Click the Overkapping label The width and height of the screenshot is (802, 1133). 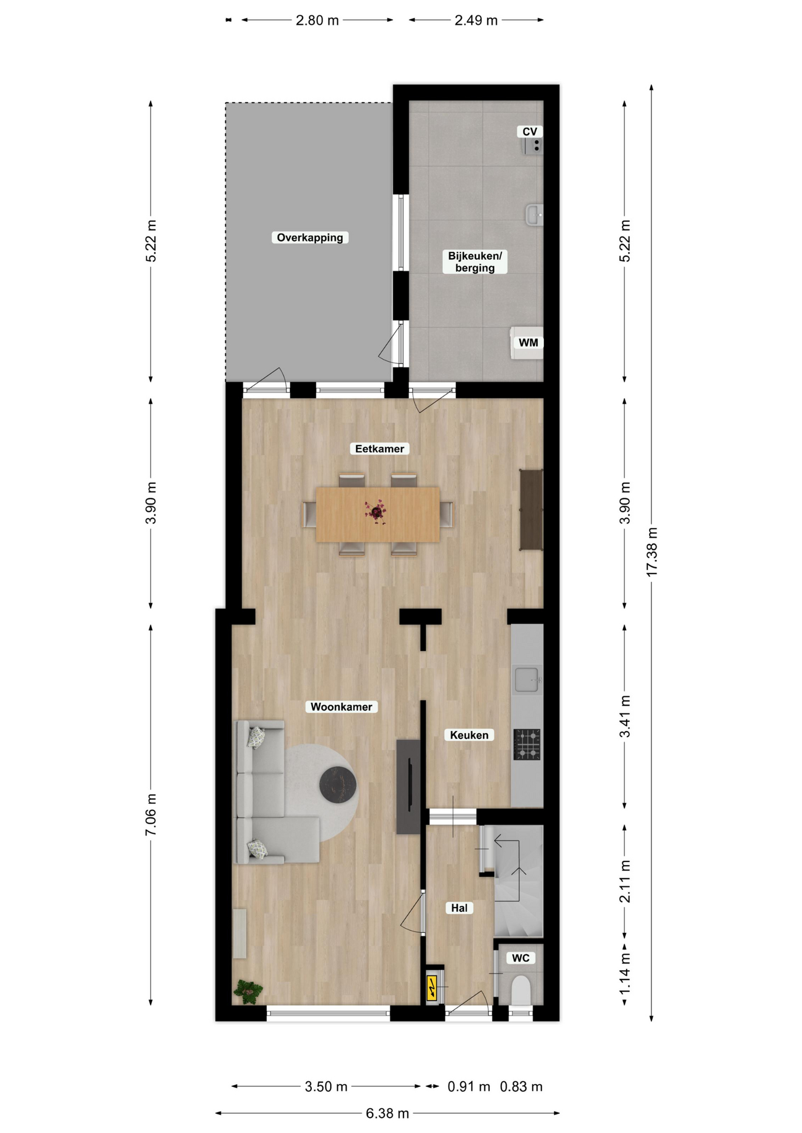(310, 238)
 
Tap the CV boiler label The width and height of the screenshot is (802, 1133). (530, 132)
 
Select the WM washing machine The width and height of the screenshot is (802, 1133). (527, 343)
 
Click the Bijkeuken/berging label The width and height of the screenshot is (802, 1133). (475, 261)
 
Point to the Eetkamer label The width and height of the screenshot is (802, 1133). (380, 448)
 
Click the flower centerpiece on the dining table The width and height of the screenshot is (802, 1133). (376, 512)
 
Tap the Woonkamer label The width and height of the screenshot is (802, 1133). (341, 707)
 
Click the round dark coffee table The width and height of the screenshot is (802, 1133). (338, 785)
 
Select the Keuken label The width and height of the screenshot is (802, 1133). (470, 735)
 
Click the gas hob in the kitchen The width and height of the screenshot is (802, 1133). (527, 745)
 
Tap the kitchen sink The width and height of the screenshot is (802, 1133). (527, 679)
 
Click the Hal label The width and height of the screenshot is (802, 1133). (459, 908)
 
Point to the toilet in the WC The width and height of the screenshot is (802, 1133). (520, 990)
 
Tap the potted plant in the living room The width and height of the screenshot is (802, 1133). (248, 992)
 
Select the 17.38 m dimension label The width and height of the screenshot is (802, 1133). (652, 552)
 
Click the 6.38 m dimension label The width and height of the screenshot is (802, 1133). (387, 1114)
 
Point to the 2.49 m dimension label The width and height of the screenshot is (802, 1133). (476, 20)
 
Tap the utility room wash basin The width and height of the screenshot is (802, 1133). (534, 215)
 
